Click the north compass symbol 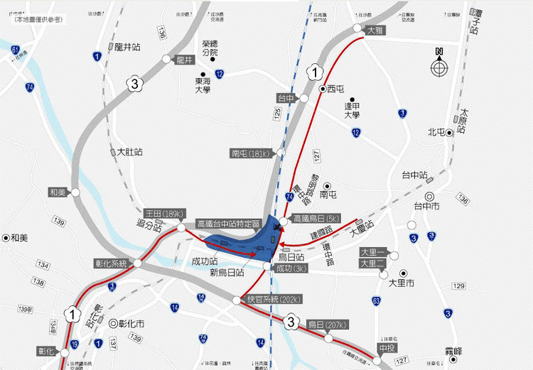coord(439,67)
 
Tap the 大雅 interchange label coord(375,31)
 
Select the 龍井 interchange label coord(184,60)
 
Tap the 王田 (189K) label coord(164,213)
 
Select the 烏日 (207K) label coord(326,325)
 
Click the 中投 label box coord(387,348)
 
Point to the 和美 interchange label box coord(57,192)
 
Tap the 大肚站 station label coord(129,152)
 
